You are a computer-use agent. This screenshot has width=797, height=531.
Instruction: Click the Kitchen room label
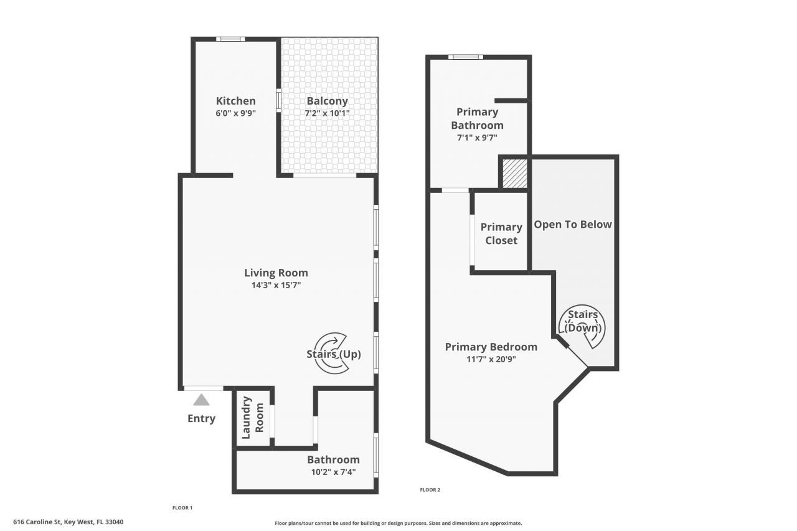(235, 101)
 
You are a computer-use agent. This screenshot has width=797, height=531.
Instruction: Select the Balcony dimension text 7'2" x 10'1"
(327, 113)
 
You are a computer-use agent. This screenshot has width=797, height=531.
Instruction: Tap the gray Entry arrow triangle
(201, 400)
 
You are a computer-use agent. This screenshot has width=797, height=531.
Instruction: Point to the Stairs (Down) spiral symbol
(583, 326)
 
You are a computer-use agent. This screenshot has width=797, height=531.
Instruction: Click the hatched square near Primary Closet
(514, 172)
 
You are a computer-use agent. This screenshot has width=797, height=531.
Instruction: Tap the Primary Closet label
(501, 233)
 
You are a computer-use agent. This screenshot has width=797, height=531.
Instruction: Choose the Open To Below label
(573, 224)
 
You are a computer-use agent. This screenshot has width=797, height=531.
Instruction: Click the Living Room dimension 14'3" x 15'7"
(276, 285)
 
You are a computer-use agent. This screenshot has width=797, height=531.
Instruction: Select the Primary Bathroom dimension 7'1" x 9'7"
(477, 138)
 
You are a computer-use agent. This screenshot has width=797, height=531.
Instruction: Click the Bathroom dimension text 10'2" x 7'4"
(333, 472)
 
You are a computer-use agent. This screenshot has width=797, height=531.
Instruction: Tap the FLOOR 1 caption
(182, 508)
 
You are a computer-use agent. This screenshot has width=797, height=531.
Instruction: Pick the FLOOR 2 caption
(430, 490)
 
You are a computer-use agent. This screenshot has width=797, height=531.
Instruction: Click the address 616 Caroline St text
(68, 522)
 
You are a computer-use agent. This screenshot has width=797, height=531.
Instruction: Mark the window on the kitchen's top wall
(230, 39)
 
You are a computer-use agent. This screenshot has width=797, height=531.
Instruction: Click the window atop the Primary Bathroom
(466, 57)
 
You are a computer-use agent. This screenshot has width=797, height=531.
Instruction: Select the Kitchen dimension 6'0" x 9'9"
(235, 113)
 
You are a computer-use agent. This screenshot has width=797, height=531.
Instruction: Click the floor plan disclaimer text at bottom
(398, 524)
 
